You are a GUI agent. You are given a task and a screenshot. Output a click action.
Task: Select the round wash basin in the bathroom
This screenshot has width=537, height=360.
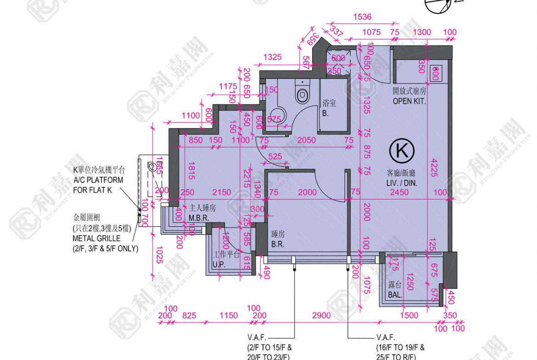[x=277, y=115]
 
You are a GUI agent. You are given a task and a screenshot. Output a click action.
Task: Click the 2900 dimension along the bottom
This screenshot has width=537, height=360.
[x=321, y=315]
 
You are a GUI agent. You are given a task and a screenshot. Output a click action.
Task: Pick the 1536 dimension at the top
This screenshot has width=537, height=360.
[x=362, y=17]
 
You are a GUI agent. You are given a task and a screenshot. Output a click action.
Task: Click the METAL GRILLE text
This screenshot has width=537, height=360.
[x=96, y=238]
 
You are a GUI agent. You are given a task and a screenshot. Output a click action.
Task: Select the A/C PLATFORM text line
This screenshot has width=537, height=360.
[x=98, y=180]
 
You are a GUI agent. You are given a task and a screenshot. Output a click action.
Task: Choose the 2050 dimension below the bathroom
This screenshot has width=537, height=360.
[x=306, y=140]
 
